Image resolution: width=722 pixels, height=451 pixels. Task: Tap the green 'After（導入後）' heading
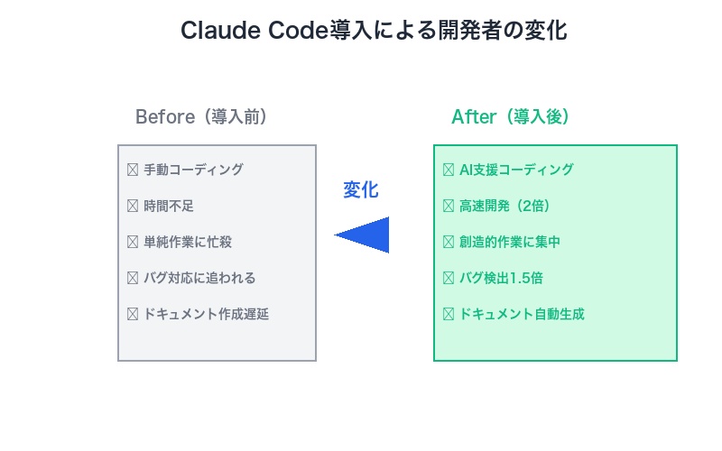click(510, 117)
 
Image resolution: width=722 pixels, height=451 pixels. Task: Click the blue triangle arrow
click(364, 235)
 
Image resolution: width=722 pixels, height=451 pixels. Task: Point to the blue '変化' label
click(361, 190)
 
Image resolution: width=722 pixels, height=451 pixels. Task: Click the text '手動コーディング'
click(193, 170)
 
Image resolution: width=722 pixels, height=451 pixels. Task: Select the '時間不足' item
click(169, 206)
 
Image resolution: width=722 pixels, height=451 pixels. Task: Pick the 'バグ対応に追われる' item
click(199, 278)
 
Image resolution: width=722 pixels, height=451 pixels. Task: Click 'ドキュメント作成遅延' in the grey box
click(206, 314)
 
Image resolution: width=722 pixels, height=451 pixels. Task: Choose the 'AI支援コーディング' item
click(516, 170)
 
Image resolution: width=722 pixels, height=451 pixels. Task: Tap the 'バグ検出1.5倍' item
click(500, 278)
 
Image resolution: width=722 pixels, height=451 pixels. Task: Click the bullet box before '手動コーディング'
click(133, 170)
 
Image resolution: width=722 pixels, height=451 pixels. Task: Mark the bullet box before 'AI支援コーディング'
click(449, 170)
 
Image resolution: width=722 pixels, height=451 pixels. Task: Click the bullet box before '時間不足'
click(133, 206)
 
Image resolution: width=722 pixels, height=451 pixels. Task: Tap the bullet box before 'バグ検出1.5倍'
click(449, 278)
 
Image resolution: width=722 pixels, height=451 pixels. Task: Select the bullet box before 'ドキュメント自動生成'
click(449, 314)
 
